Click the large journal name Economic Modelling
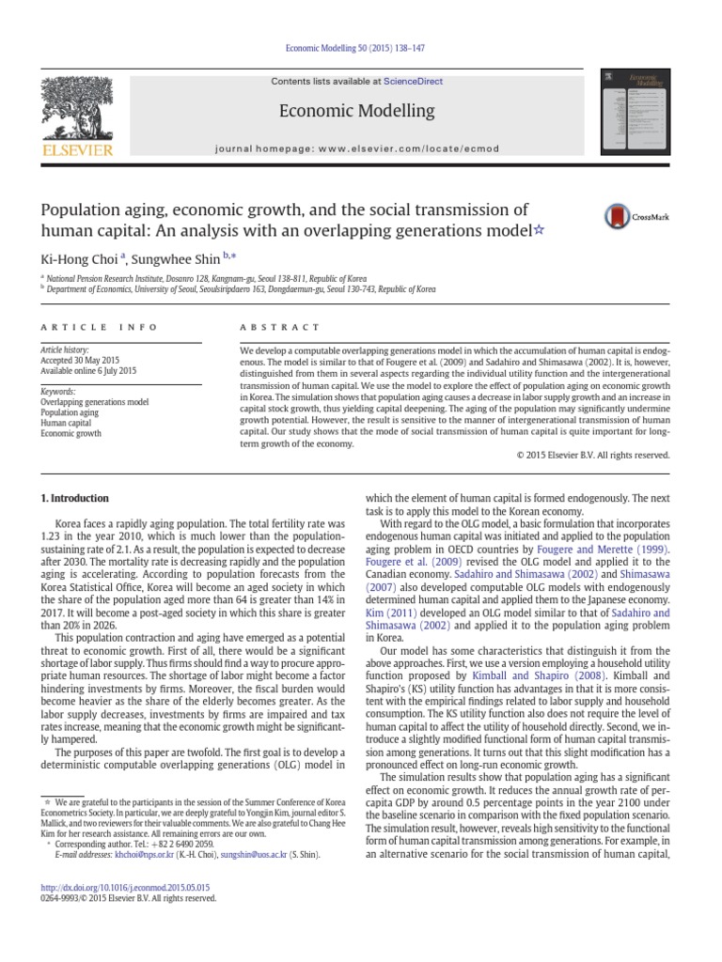tap(357, 111)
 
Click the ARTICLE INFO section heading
tap(86, 327)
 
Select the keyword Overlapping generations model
tap(95, 402)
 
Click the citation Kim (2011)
tap(386, 613)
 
